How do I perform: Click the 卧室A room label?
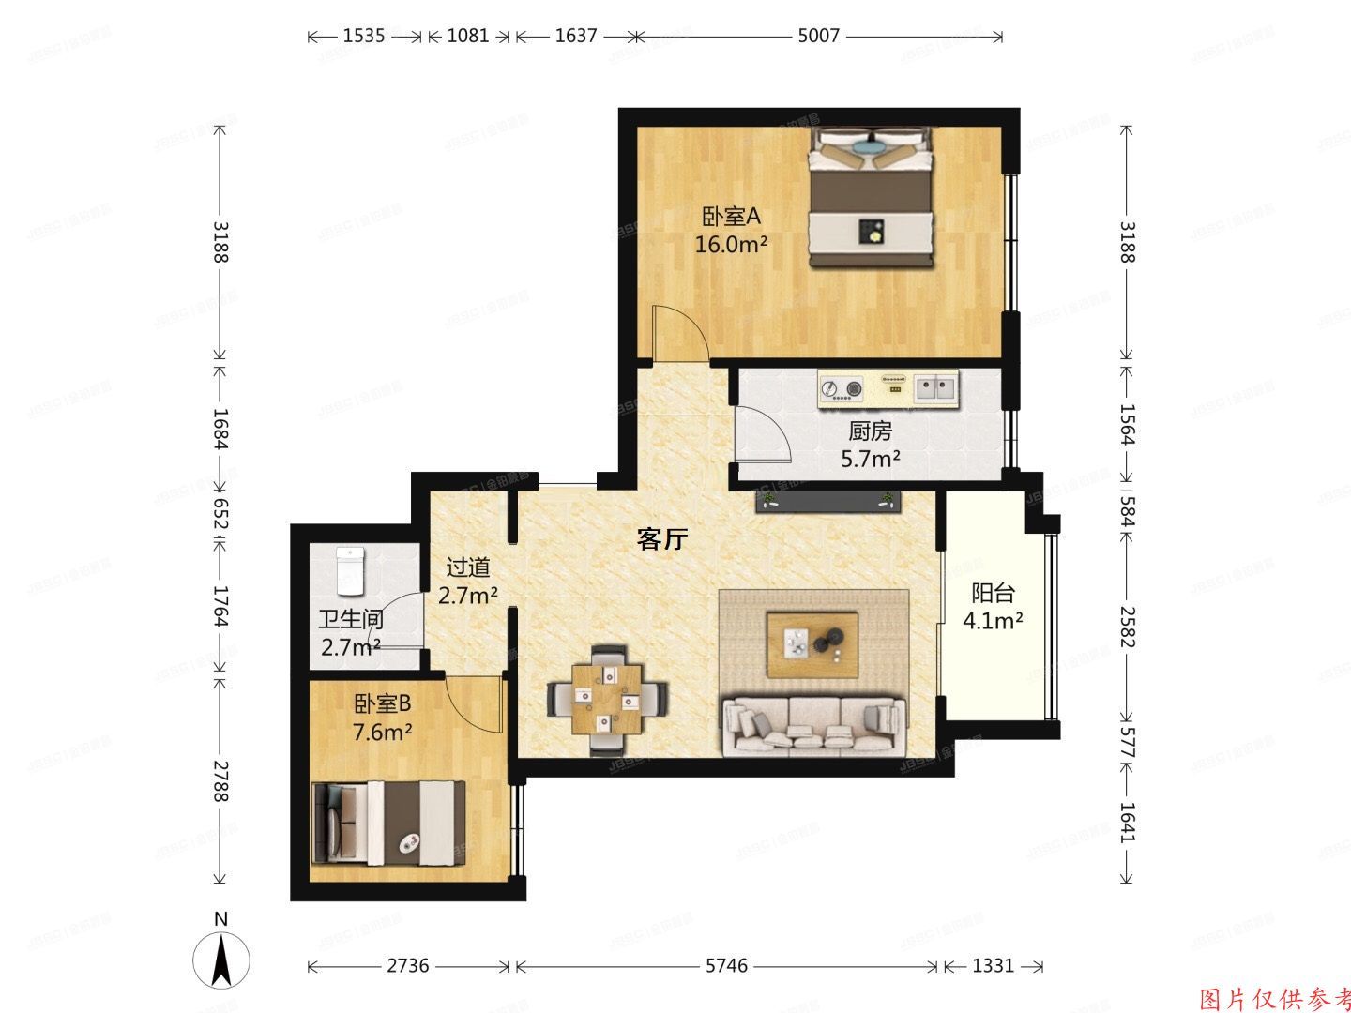click(x=731, y=218)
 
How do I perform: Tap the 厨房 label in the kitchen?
click(x=870, y=431)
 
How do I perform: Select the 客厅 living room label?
click(x=662, y=539)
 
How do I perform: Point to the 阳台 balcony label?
click(x=993, y=594)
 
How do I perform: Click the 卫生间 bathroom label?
click(x=350, y=620)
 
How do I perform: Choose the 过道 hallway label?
click(x=467, y=568)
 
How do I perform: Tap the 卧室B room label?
click(x=382, y=703)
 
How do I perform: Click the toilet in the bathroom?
click(x=350, y=568)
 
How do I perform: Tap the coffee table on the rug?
click(x=812, y=643)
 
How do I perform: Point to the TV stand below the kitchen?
click(x=828, y=502)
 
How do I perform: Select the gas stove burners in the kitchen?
click(x=841, y=387)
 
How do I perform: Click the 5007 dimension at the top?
click(x=818, y=36)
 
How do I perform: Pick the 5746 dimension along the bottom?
click(x=726, y=965)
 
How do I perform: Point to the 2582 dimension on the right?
click(x=1126, y=626)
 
